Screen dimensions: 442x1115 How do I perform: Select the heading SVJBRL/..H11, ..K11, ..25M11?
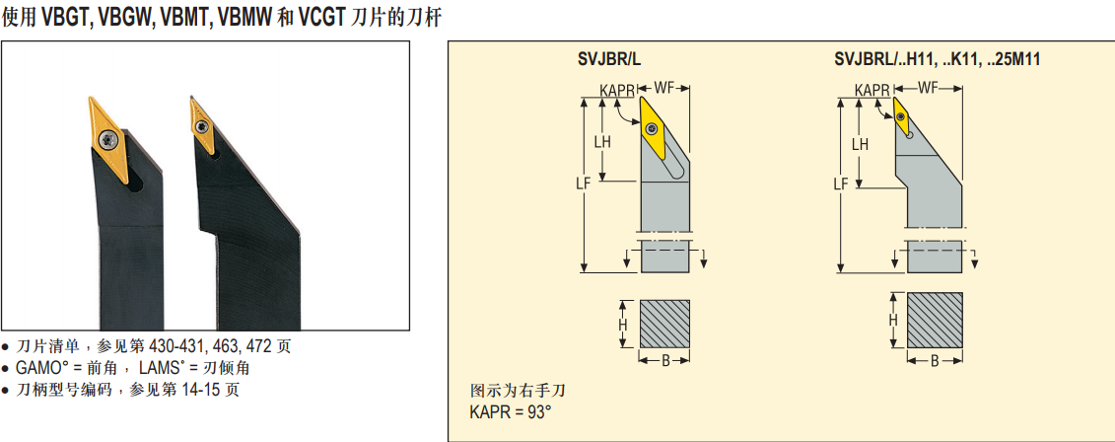937,60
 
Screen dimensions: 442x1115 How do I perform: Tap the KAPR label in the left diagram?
617,91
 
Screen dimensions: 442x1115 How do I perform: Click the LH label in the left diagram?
601,142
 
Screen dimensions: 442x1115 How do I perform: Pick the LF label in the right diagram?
840,184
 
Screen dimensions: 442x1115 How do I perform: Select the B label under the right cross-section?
934,361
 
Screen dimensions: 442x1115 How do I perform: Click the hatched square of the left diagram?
665,323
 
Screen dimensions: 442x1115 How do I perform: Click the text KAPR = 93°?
510,412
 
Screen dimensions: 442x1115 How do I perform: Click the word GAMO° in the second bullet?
41,367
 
